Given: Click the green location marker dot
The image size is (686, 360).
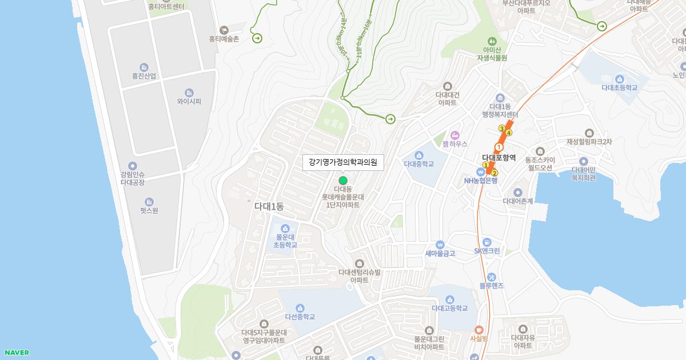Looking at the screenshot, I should click(343, 181).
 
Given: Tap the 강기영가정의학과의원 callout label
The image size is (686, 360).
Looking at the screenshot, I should click(343, 162).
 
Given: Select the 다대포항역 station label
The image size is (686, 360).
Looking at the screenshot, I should click(498, 158).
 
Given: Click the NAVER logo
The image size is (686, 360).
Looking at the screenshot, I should click(16, 353).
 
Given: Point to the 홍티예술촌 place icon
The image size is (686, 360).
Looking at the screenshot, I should click(224, 30).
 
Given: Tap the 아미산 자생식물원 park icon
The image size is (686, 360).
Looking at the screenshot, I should click(492, 41).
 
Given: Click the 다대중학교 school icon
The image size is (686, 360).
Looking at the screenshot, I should click(419, 155).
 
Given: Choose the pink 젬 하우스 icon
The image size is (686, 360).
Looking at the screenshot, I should click(455, 135).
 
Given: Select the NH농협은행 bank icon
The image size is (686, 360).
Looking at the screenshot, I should click(481, 171).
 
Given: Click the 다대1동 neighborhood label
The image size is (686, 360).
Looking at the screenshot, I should click(269, 206).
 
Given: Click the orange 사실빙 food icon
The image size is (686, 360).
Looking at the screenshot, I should click(478, 329).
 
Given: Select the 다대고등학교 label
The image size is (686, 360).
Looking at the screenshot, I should click(450, 309).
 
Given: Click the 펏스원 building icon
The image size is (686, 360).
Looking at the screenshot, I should click(149, 201).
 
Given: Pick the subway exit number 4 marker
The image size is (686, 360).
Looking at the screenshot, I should click(509, 133).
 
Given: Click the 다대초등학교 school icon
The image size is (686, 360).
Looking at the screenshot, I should click(619, 79).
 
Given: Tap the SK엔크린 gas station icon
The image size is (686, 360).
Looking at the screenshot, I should click(486, 242).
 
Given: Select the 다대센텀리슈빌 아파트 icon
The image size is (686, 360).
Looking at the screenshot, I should click(359, 263).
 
